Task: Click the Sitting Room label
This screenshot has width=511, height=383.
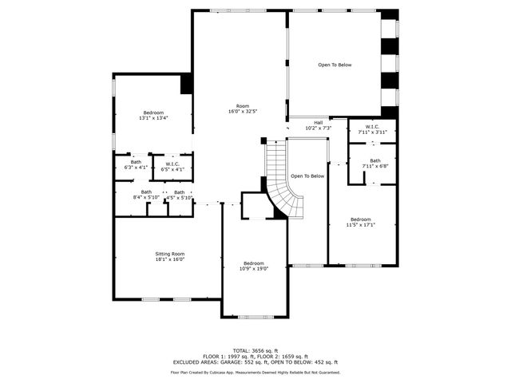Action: point(169,254)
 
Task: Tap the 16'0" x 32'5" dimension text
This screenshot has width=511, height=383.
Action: point(243,112)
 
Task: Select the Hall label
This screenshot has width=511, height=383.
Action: point(318,122)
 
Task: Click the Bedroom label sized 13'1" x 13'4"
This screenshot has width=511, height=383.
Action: point(153,113)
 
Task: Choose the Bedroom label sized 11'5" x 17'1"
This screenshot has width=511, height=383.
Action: point(360,219)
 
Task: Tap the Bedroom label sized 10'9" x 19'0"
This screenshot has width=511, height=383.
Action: point(254,263)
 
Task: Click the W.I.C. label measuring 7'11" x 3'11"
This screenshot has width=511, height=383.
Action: point(372,127)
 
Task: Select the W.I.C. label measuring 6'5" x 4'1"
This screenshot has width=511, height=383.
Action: point(172,163)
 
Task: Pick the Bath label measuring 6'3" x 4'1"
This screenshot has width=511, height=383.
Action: point(136,163)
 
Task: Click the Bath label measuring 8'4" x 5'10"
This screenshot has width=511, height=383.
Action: point(146,192)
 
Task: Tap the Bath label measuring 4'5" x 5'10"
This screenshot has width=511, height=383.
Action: point(179,192)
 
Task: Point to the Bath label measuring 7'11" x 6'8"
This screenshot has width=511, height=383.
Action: point(375,160)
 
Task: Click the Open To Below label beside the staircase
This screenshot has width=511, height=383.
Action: point(307,176)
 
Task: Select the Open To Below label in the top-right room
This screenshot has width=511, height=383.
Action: point(335,65)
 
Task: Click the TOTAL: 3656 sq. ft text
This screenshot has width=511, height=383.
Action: point(255,350)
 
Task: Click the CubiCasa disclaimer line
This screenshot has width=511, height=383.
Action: point(255,372)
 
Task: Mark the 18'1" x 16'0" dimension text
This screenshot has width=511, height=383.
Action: point(169,259)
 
